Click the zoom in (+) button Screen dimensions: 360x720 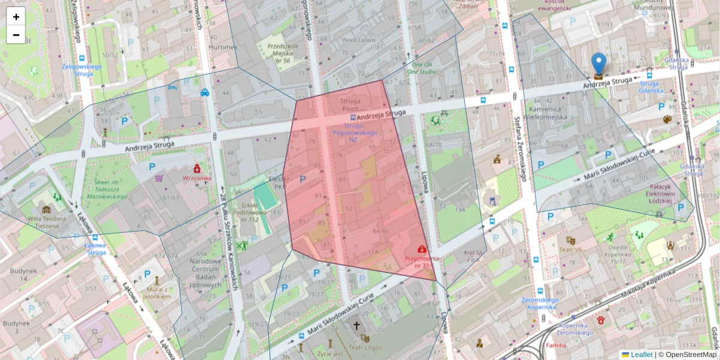[x=16, y=17]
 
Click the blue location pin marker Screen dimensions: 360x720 [x=598, y=64]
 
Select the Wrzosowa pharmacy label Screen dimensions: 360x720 [x=197, y=178]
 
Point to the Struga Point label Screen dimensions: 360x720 [x=350, y=105]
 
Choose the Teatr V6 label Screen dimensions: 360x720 [x=571, y=250]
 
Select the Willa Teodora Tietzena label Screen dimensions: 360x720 [x=46, y=222]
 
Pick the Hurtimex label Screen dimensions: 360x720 [x=223, y=47]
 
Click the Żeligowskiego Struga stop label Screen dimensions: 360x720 [x=77, y=70]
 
